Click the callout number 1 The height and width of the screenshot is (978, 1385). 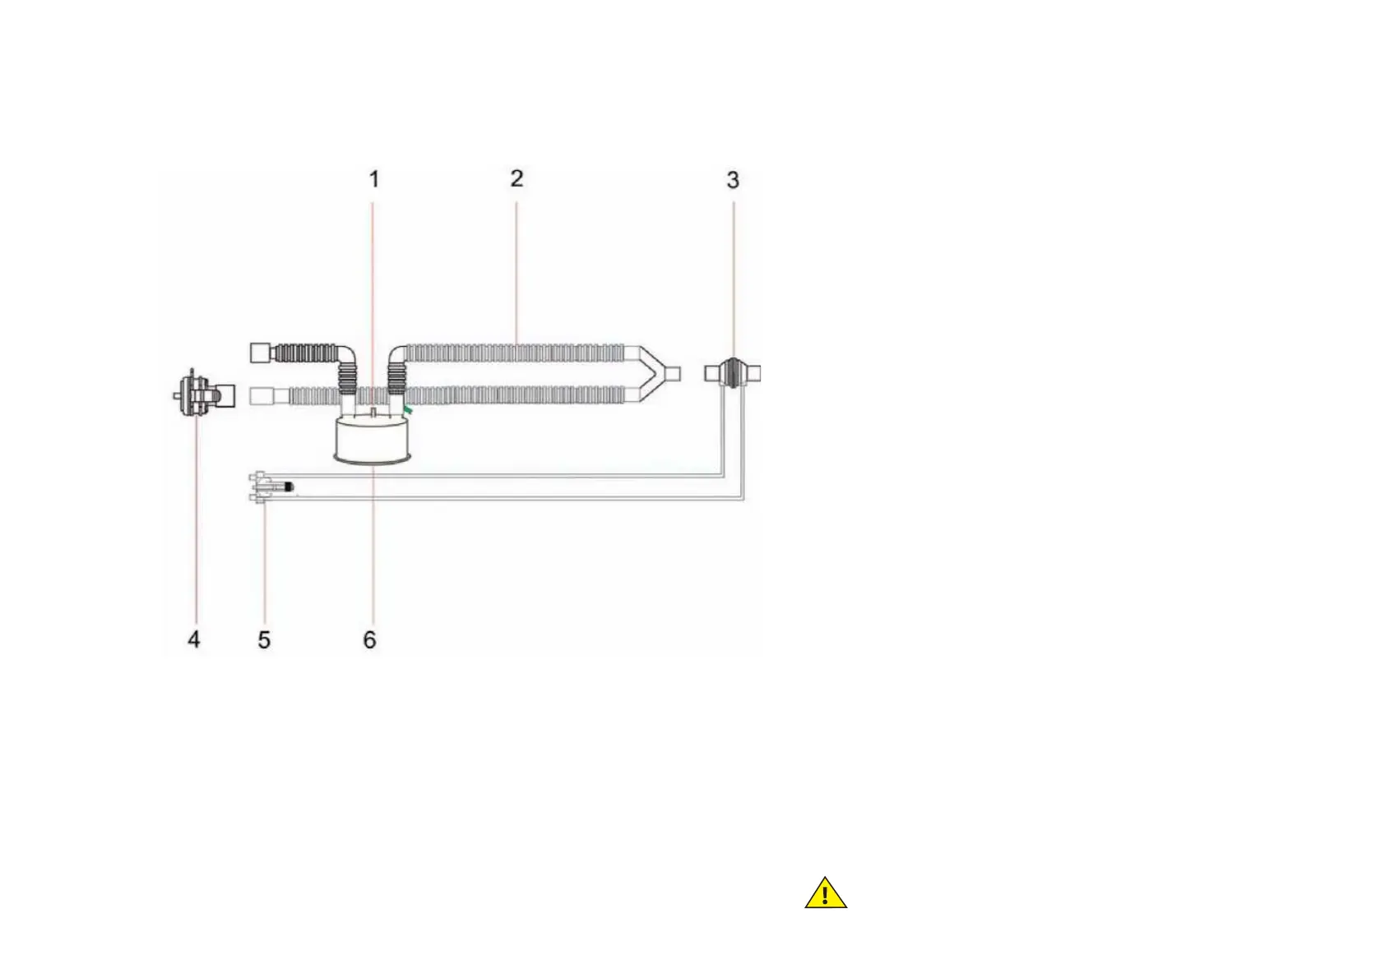pyautogui.click(x=374, y=179)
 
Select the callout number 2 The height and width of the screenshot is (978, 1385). pyautogui.click(x=516, y=178)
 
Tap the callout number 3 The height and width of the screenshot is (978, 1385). pyautogui.click(x=733, y=180)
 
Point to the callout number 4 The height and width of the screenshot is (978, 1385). pyautogui.click(x=194, y=639)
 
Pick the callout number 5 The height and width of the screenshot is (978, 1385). pyautogui.click(x=264, y=640)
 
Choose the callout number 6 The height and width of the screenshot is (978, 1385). pyautogui.click(x=369, y=640)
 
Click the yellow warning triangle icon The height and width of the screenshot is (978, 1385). pyautogui.click(x=825, y=894)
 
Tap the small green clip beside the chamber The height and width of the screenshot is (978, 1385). pyautogui.click(x=408, y=407)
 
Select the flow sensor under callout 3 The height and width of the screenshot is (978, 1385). pyautogui.click(x=732, y=373)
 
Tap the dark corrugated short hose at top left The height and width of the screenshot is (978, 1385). pyautogui.click(x=304, y=353)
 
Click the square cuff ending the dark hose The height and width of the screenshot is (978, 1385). pyautogui.click(x=260, y=353)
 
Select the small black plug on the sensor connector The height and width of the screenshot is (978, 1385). pyautogui.click(x=289, y=487)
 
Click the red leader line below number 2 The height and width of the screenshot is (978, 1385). pyautogui.click(x=516, y=271)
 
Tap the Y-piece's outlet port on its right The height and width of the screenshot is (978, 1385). pyautogui.click(x=672, y=375)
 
